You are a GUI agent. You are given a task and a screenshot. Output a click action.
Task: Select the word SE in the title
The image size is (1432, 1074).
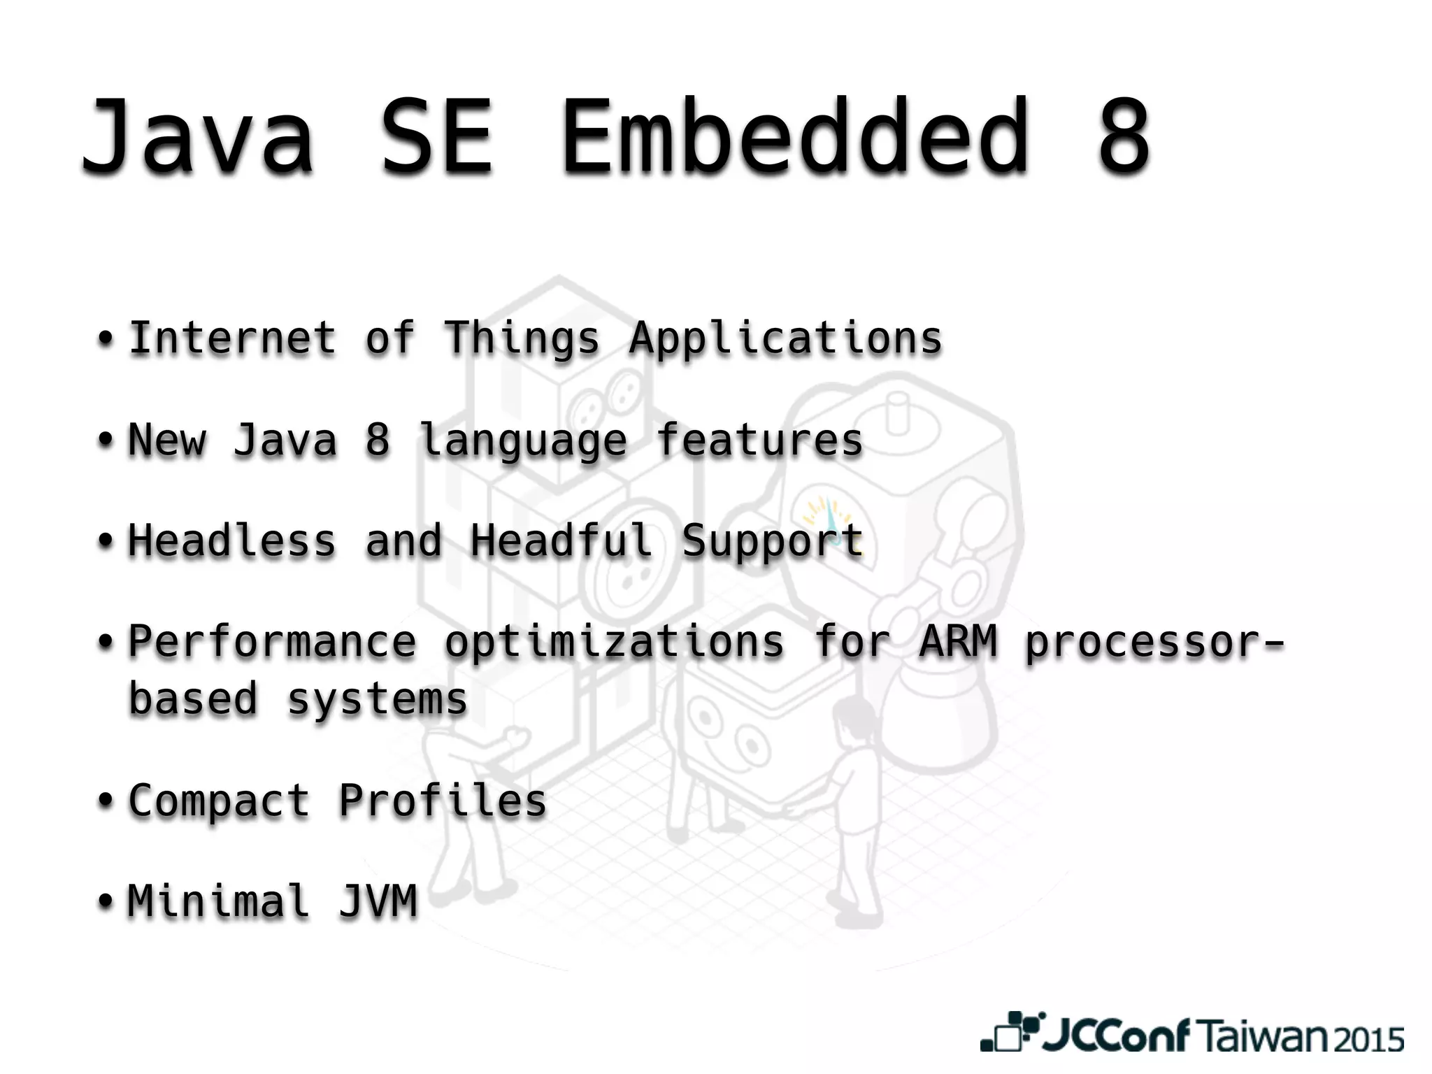pyautogui.click(x=437, y=136)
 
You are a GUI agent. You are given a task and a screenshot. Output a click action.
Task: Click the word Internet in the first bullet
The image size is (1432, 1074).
pyautogui.click(x=232, y=338)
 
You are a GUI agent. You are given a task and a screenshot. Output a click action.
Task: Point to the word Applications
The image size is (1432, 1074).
pyautogui.click(x=785, y=340)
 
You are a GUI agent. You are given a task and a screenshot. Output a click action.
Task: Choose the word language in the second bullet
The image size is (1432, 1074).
pyautogui.click(x=522, y=441)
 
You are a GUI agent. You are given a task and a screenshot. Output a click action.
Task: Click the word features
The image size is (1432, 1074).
pyautogui.click(x=759, y=440)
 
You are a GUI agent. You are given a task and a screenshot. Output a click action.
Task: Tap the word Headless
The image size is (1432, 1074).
pyautogui.click(x=232, y=541)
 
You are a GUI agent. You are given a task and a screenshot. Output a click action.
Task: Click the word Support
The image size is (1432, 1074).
pyautogui.click(x=773, y=543)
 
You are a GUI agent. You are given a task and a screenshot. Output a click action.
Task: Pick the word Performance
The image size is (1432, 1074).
pyautogui.click(x=272, y=642)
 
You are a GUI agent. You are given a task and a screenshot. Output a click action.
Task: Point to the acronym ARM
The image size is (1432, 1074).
pyautogui.click(x=957, y=642)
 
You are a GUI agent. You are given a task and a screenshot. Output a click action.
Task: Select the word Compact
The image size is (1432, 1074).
pyautogui.click(x=219, y=801)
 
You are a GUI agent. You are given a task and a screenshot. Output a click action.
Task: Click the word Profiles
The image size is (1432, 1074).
pyautogui.click(x=442, y=801)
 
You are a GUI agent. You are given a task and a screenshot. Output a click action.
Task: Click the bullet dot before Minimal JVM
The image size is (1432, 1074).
pyautogui.click(x=105, y=902)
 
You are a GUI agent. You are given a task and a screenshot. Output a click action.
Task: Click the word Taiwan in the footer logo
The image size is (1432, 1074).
pyautogui.click(x=1263, y=1036)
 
